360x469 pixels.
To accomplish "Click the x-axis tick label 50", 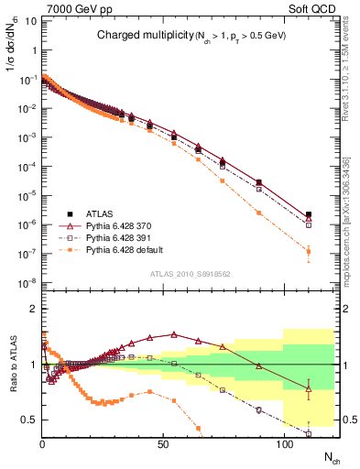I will (162, 444).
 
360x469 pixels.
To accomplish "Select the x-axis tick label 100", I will (284, 444).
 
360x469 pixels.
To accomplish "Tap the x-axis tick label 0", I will (42, 444).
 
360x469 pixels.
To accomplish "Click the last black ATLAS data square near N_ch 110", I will (309, 215).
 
